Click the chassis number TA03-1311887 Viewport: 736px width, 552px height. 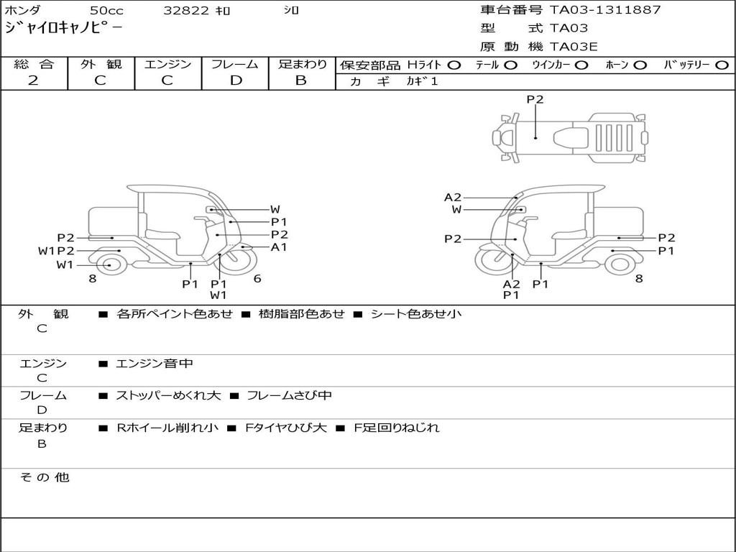[x=605, y=9]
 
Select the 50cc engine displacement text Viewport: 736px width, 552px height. [x=106, y=10]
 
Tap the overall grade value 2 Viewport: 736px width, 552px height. [x=33, y=80]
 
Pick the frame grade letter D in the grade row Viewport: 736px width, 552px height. [x=236, y=80]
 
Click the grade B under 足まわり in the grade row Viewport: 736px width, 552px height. [x=301, y=80]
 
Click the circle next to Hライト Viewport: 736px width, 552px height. [x=454, y=65]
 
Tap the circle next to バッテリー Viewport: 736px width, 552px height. [x=722, y=65]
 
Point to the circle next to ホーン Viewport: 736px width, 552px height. [x=640, y=65]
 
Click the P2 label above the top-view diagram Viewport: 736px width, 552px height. [x=535, y=99]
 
